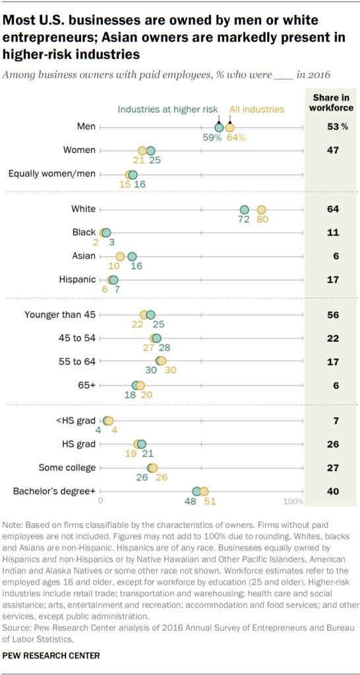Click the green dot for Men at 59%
click(x=219, y=127)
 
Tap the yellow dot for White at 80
click(x=261, y=209)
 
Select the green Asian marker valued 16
click(x=132, y=257)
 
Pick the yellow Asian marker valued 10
click(x=120, y=257)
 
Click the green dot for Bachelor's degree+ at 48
click(x=196, y=492)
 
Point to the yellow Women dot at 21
click(x=142, y=150)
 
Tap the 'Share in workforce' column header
click(x=332, y=103)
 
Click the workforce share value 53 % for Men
click(x=332, y=127)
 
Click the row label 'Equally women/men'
click(x=52, y=174)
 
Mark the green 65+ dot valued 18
click(x=136, y=385)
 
